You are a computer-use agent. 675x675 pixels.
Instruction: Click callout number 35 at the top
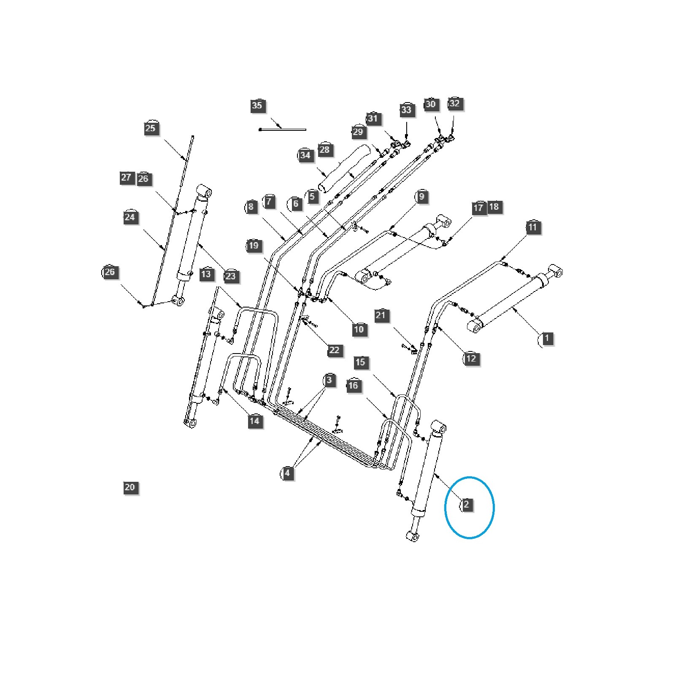coord(256,105)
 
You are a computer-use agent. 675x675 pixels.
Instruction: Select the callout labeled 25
coord(150,128)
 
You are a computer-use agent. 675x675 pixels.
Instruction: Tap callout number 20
coord(130,487)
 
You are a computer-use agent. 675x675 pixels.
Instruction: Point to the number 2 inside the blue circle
coord(466,505)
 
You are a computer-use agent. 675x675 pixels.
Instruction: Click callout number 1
coord(547,338)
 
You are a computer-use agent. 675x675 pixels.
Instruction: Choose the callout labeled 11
coord(532,227)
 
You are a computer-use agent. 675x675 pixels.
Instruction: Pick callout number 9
coord(421,197)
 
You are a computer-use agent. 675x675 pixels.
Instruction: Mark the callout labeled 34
coord(305,155)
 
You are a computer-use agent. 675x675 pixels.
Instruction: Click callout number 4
coord(287,473)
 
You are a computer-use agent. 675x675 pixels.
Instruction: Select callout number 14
coord(254,421)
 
